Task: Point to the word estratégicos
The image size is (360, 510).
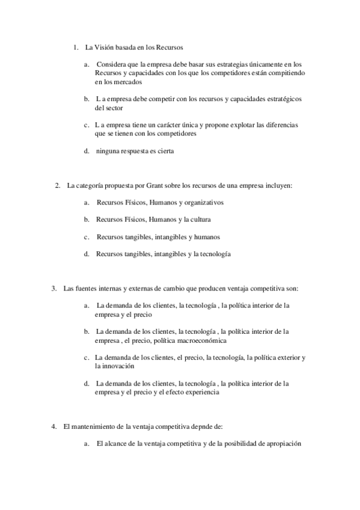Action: tap(280, 99)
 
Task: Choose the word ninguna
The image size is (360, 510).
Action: tap(108, 151)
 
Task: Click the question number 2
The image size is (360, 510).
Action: tap(57, 185)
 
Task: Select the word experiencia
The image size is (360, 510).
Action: tap(201, 392)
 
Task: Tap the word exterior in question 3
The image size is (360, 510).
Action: tap(287, 357)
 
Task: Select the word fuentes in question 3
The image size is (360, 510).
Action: tap(84, 288)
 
